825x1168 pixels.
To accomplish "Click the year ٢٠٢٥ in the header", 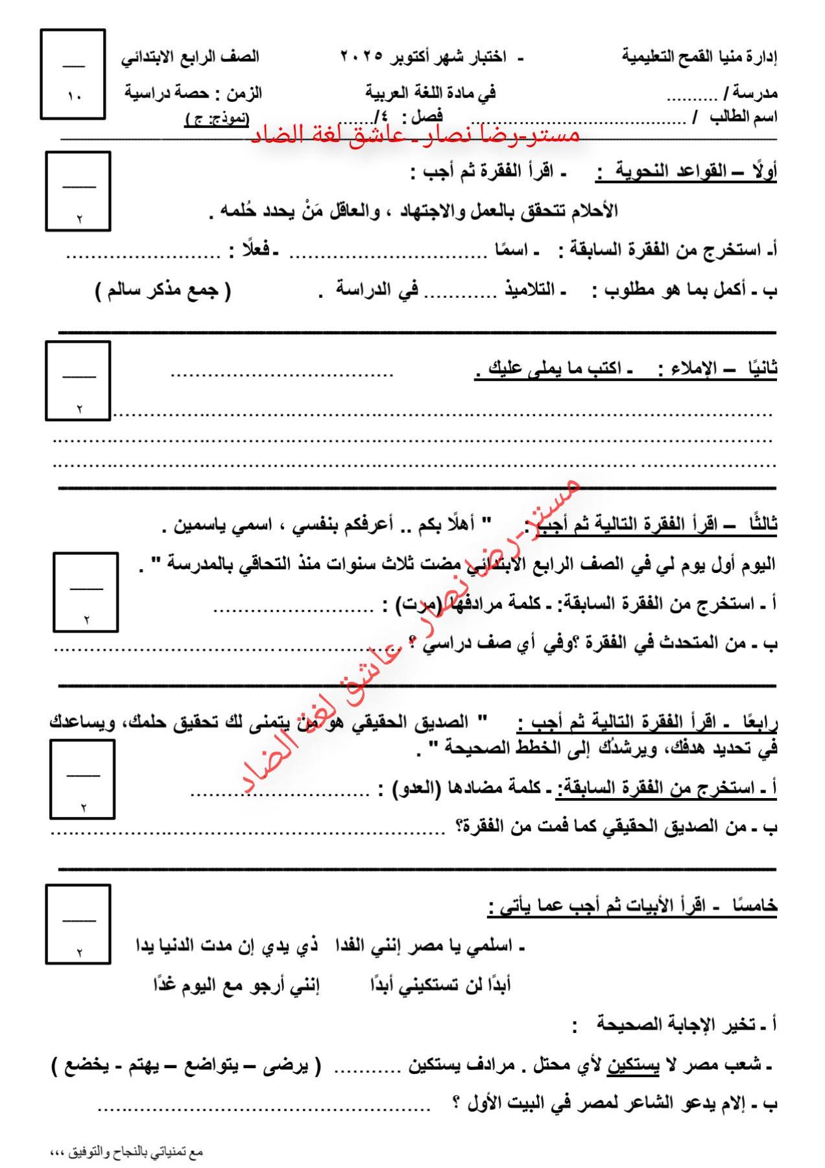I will tap(361, 57).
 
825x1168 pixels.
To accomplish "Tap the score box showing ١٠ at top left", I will tap(73, 75).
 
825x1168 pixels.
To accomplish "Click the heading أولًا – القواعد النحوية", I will tap(686, 173).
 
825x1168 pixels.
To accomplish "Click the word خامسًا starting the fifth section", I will tap(754, 906).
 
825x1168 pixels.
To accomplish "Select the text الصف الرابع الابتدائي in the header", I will tap(190, 57).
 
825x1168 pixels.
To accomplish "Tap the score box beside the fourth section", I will tap(82, 779).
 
